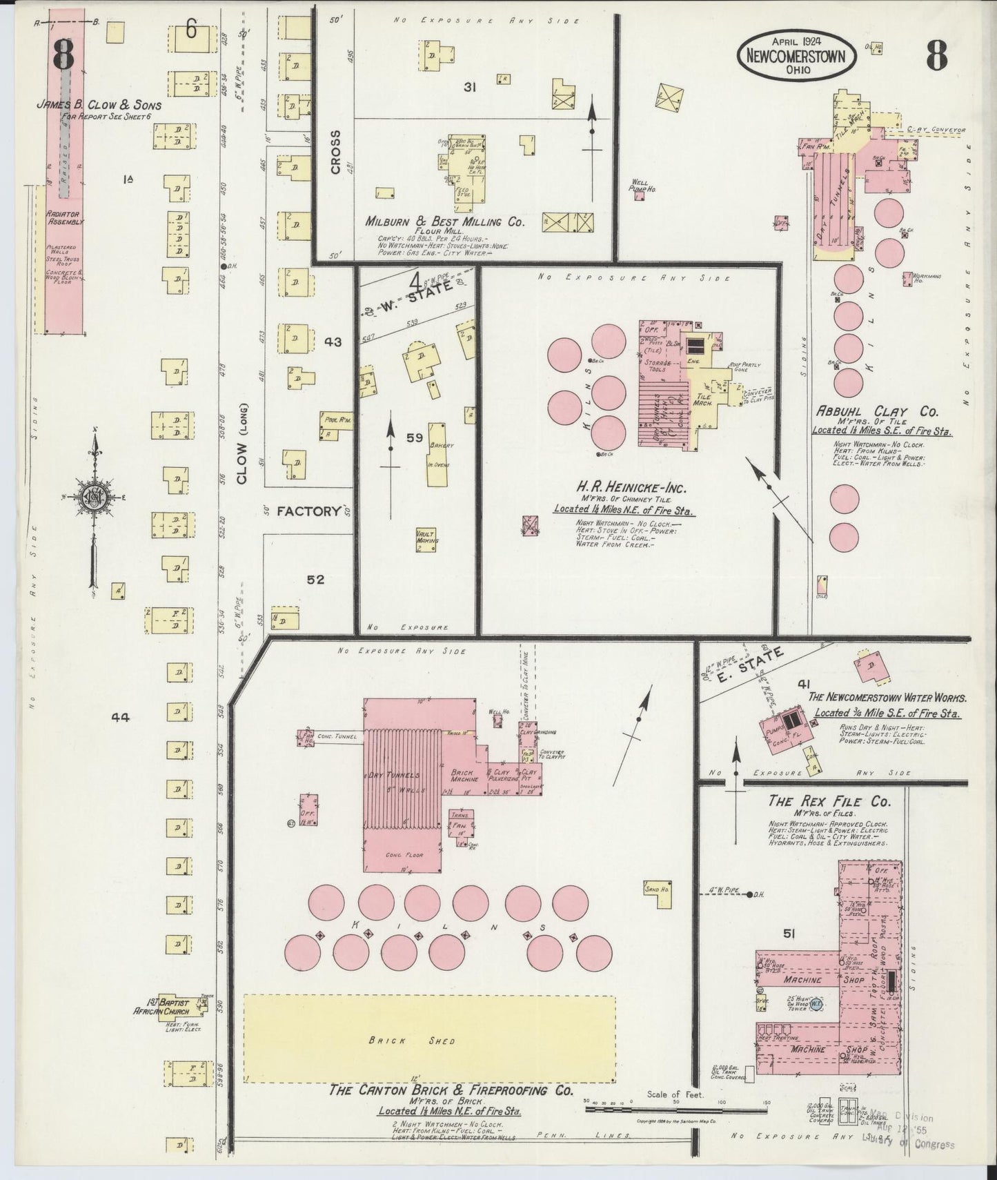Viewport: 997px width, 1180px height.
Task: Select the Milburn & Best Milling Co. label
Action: point(446,223)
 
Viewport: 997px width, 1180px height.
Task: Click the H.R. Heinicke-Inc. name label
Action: point(630,488)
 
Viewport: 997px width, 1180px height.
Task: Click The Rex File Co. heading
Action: point(829,802)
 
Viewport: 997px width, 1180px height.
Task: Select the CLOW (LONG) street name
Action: point(242,442)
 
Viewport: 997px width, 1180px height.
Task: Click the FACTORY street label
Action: point(308,511)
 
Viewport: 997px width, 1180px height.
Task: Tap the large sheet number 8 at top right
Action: point(936,55)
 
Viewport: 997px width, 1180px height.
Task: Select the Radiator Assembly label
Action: point(65,218)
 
